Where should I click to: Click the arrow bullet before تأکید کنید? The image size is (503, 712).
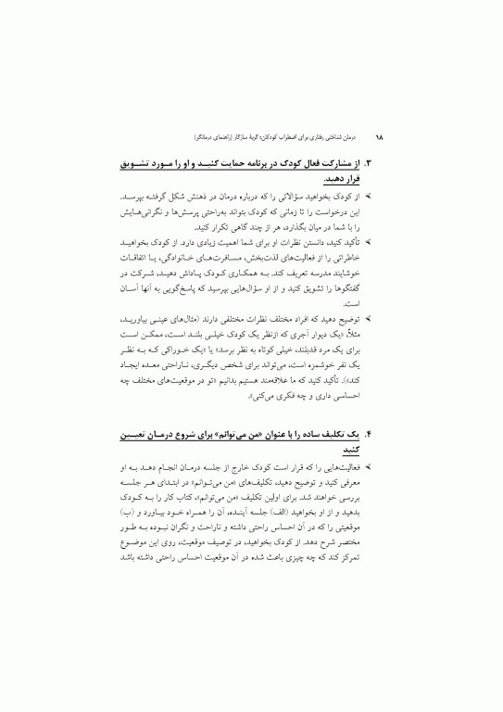tap(370, 242)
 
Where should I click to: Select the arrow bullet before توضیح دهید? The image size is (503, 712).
tap(370, 318)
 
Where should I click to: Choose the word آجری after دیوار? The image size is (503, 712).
tap(297, 333)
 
